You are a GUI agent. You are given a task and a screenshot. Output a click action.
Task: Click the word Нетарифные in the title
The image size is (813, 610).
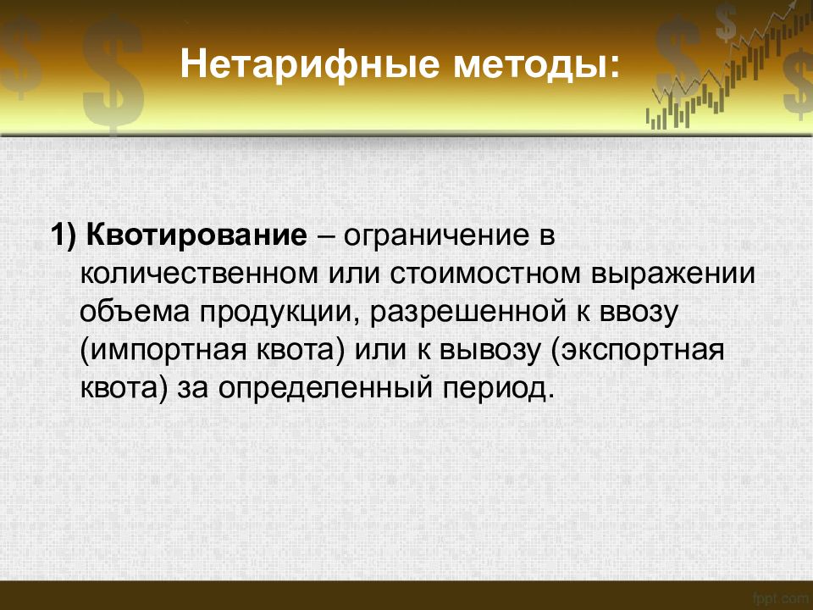point(310,65)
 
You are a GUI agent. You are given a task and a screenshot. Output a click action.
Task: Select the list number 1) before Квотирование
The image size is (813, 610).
point(64,236)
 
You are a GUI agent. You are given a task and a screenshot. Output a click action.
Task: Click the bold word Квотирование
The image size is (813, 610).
point(196,236)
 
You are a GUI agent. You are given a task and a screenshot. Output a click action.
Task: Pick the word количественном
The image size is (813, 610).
point(199,274)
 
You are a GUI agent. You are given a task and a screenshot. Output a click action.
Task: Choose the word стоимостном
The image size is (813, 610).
point(484,274)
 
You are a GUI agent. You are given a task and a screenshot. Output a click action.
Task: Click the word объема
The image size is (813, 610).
point(135,312)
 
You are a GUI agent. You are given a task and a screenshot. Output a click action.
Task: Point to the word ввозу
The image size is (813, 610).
point(639,313)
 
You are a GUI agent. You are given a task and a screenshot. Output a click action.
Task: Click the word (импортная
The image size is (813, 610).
point(163,352)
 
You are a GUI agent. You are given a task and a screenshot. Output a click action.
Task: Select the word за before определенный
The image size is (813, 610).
point(192,389)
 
